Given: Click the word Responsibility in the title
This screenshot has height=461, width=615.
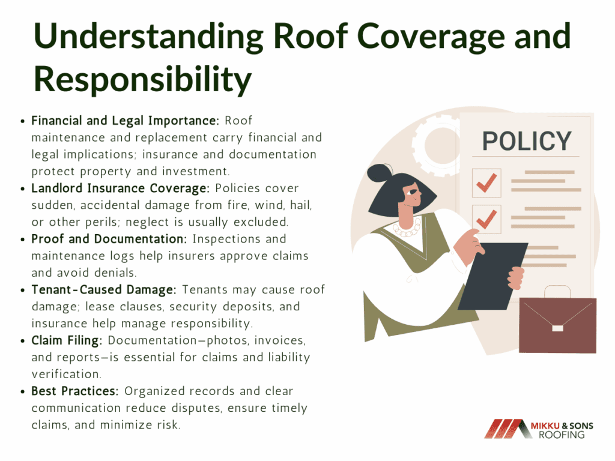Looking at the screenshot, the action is [x=143, y=79].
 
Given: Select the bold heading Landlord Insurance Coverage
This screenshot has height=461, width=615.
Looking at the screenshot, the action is [x=121, y=188].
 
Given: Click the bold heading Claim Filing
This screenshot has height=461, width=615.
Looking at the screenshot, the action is [x=67, y=340].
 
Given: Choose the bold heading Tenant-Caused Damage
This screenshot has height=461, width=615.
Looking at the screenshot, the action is [x=104, y=290].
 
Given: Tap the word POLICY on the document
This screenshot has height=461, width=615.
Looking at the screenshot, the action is [x=526, y=141].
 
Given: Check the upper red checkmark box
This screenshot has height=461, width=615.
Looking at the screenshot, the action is [x=486, y=183].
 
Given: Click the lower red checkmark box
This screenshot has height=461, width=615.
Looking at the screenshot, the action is [x=486, y=219].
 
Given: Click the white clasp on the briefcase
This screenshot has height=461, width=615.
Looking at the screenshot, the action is [x=557, y=328].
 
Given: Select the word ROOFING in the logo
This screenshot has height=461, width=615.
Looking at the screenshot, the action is [x=562, y=435].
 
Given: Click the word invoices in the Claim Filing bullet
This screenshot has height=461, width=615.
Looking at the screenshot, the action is [x=280, y=340].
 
